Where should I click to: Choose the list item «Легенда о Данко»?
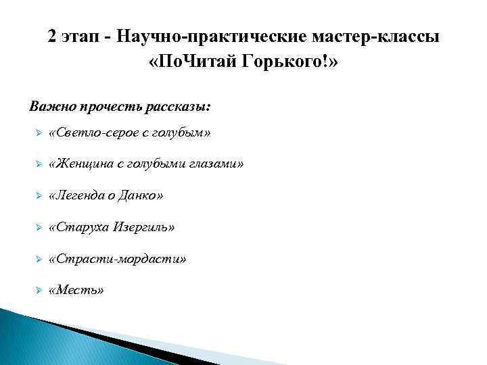tap(106, 196)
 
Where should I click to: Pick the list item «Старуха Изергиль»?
tap(112, 227)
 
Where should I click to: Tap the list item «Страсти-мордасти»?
tap(118, 259)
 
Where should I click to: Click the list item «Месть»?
tap(77, 290)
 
